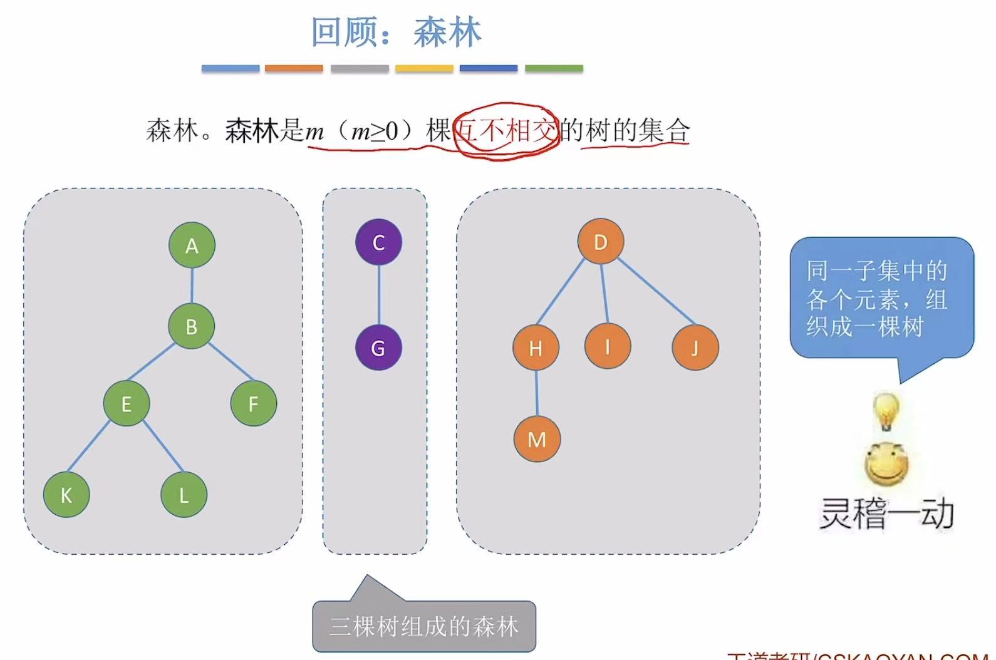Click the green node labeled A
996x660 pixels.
point(192,245)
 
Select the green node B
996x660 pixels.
point(192,326)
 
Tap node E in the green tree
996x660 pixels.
point(127,404)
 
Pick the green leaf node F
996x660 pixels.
point(253,404)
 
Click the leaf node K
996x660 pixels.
point(66,495)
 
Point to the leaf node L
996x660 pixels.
point(184,495)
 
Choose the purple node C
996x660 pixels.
point(378,242)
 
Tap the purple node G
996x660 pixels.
point(378,348)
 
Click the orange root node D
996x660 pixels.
point(600,242)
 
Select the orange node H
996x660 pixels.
point(536,348)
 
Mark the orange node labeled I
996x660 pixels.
point(607,346)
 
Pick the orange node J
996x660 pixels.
point(695,348)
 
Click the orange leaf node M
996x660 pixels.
point(537,439)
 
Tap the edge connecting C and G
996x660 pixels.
point(378,295)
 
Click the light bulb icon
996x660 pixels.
point(886,411)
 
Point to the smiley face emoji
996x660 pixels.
point(886,464)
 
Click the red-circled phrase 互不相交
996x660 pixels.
point(506,131)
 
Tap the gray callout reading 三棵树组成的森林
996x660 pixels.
point(424,626)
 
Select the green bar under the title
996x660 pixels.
point(554,68)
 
